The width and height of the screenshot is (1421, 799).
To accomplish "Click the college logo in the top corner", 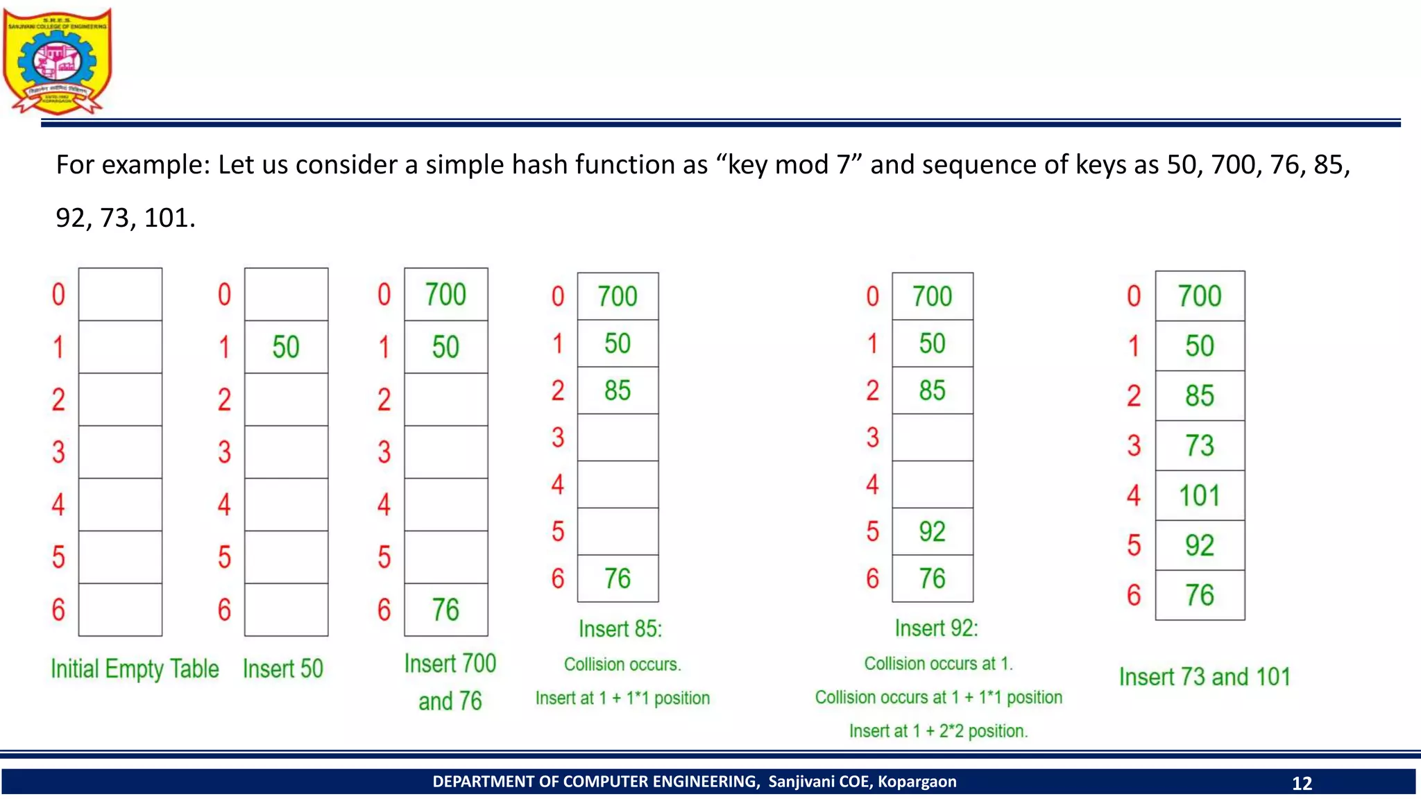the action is click(57, 61).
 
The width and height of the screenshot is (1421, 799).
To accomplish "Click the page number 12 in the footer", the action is click(1301, 783).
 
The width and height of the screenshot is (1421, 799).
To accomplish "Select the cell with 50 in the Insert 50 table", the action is click(286, 347).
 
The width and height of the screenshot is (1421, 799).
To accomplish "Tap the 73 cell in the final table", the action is click(1200, 446).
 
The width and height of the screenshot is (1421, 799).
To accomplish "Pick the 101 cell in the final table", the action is click(1200, 496).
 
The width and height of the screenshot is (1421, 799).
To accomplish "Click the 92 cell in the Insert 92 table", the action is click(933, 532).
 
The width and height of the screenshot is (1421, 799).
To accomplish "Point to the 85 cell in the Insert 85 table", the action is click(618, 390).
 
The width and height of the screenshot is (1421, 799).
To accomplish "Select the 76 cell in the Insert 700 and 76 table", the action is click(445, 610).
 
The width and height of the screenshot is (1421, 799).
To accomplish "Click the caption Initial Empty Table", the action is click(135, 669).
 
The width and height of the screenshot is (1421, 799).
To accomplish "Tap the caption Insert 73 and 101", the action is click(1205, 677).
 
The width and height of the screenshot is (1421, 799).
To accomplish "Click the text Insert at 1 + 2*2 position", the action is click(938, 731).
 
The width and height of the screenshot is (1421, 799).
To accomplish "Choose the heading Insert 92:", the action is click(936, 628).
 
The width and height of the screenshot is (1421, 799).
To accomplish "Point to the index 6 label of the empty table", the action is click(58, 610).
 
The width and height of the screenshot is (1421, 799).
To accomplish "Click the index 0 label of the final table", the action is click(1134, 296).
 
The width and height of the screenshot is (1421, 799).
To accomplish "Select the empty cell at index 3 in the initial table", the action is click(120, 452).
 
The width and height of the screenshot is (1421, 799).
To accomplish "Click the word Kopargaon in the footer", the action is click(917, 782).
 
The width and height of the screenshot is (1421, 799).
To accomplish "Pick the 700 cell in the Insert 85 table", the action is click(618, 297).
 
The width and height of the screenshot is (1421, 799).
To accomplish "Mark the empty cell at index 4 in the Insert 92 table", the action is click(933, 485).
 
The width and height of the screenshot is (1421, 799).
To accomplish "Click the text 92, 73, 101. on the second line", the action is click(126, 218).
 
